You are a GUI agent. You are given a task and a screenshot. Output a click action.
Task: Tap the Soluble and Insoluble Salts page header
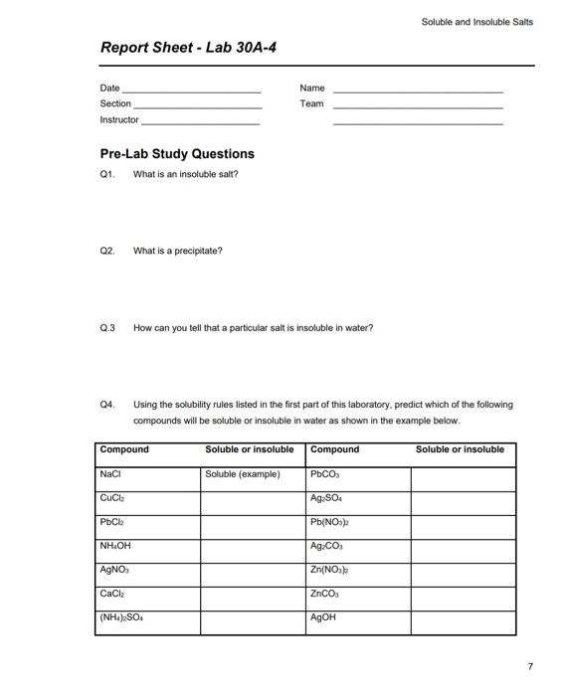pos(476,22)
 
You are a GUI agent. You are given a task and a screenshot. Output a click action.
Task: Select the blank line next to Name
pos(418,89)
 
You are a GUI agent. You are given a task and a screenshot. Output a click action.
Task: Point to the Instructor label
pos(119,119)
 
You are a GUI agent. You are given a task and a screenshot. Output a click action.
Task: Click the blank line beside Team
pos(418,104)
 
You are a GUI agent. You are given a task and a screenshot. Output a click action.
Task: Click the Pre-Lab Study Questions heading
pos(177,154)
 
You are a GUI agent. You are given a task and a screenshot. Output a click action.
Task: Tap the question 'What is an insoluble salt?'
pos(186,174)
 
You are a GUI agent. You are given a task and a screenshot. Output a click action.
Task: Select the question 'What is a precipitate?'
pos(178,251)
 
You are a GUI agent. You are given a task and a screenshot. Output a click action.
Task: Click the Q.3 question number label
pos(108,327)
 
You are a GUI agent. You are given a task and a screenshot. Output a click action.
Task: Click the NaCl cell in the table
pos(148,474)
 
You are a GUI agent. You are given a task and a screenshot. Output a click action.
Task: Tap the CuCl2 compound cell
pos(148,498)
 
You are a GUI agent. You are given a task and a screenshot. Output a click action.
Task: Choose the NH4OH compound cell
pos(148,546)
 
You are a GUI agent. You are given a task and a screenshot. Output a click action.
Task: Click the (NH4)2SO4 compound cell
pos(148,617)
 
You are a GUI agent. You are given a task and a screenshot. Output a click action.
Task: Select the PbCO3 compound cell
pos(358,474)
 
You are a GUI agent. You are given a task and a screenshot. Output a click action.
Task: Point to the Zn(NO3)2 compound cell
pos(358,570)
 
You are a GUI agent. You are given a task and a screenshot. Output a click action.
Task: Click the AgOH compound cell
pos(358,617)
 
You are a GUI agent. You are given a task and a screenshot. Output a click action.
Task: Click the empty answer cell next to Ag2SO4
pos(463,498)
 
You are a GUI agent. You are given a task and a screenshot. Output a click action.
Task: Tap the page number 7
pos(530,665)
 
